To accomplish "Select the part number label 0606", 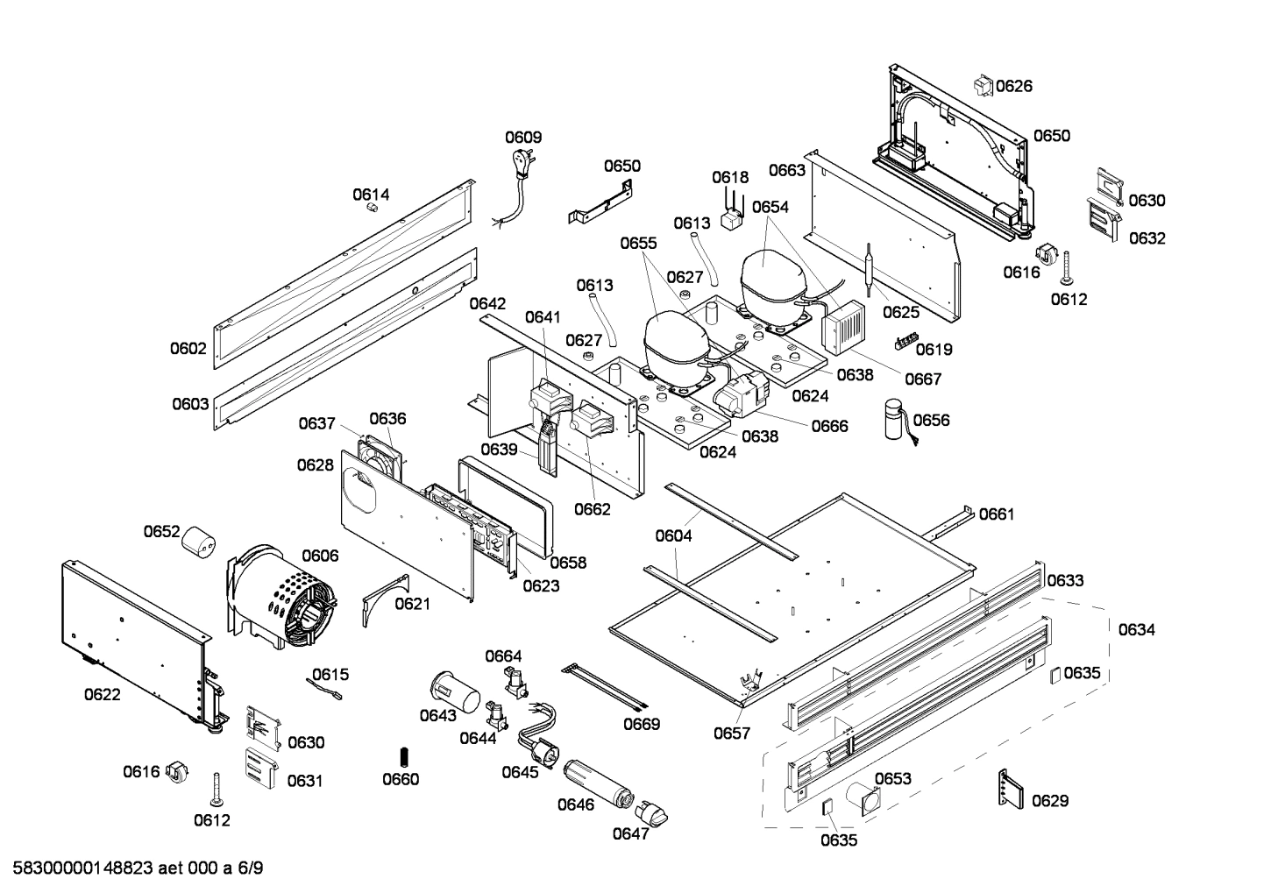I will point(320,556).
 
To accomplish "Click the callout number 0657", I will point(731,734).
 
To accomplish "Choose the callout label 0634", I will point(1136,629).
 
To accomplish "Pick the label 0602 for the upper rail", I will point(188,348).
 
